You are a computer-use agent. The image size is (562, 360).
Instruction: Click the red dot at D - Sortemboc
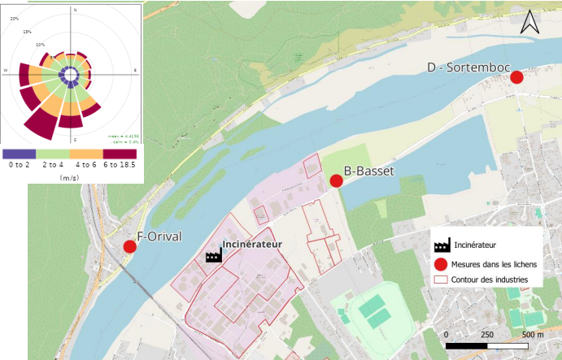point(516,77)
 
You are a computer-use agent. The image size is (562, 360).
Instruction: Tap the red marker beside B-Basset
point(336,180)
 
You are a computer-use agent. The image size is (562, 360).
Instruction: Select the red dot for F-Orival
point(129,246)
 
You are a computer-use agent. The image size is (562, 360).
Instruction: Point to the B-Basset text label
point(368,171)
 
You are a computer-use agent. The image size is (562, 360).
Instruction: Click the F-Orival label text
point(159,237)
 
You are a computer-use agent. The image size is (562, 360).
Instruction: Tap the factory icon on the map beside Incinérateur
point(214,255)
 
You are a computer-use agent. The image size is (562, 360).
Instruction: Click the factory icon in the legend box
point(442,245)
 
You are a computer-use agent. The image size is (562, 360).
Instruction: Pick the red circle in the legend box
point(442,263)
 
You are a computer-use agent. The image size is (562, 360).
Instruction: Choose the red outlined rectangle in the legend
point(442,280)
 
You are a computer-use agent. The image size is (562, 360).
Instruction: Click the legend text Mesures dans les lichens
point(492,263)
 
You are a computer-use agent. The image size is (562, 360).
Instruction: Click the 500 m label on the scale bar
point(533,334)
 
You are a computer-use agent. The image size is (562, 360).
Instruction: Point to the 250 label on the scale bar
point(487,334)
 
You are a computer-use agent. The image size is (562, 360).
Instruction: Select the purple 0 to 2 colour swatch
point(18,152)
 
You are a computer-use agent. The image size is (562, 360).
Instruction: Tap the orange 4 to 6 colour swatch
point(85,152)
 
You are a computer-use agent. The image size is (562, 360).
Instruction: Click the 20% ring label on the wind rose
point(15,18)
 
